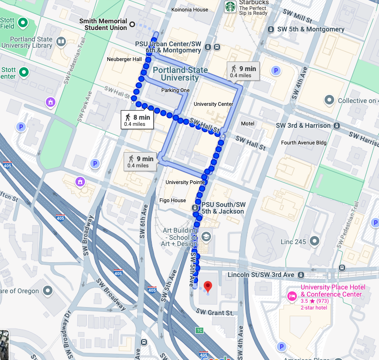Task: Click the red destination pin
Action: (208, 287)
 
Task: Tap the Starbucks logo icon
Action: (231, 7)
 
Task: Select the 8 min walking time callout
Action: (137, 120)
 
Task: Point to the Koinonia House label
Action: (189, 10)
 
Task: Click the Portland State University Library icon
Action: (61, 42)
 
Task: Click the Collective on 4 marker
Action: (329, 101)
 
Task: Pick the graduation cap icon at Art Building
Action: (206, 236)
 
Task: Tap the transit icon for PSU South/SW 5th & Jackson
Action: (195, 208)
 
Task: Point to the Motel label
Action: (248, 123)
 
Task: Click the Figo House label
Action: (172, 201)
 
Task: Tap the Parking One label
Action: (175, 90)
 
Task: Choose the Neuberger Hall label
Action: (124, 60)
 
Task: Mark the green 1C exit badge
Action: (200, 330)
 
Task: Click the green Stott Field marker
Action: (22, 22)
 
